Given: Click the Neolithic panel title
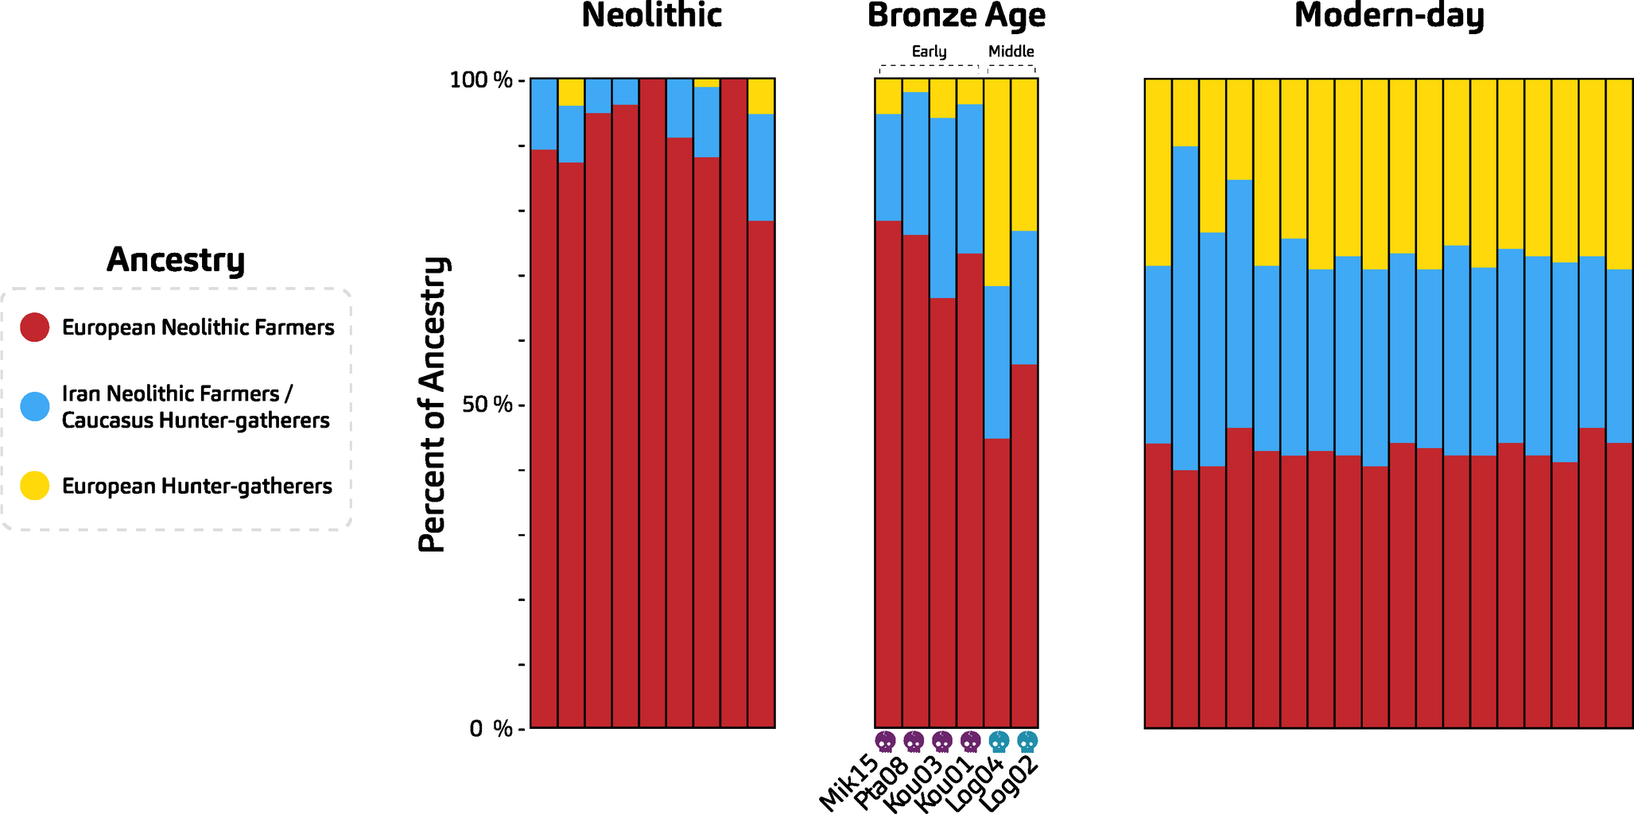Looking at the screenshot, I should click(x=651, y=16).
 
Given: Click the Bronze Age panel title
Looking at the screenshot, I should click(x=956, y=16).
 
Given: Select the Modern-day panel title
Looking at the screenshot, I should click(x=1388, y=16).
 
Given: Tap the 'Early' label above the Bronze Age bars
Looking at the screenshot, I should click(x=929, y=52).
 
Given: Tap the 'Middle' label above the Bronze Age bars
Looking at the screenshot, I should click(x=1011, y=52).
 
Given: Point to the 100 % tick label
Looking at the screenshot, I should click(x=481, y=80).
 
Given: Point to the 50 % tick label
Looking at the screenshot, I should click(x=487, y=405).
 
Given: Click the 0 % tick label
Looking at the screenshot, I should click(x=491, y=729).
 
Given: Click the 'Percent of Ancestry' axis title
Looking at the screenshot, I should click(x=434, y=405).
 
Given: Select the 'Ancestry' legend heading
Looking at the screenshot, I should click(x=176, y=260).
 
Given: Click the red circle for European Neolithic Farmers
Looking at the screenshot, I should click(x=35, y=327).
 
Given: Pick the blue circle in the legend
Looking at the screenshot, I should click(x=35, y=406).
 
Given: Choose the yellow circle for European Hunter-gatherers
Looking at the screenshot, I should click(x=35, y=486).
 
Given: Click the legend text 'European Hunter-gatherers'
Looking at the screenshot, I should click(x=196, y=486).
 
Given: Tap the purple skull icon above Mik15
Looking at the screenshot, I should click(x=885, y=742).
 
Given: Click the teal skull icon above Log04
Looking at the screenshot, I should click(x=999, y=742).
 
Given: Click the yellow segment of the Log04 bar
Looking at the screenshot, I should click(x=997, y=182).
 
